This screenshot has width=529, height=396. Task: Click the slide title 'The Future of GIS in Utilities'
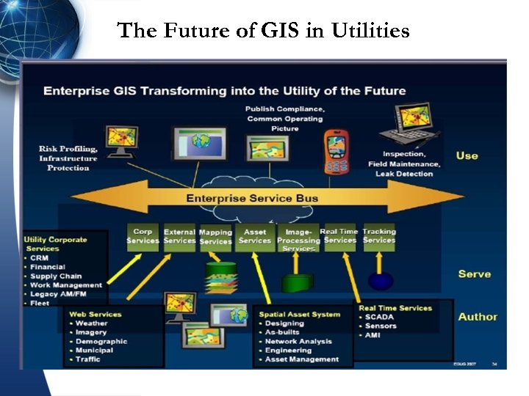(264, 31)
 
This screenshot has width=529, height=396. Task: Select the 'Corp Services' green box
(143, 236)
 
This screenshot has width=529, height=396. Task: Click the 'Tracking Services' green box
(379, 236)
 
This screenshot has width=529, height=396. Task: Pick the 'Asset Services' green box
(255, 236)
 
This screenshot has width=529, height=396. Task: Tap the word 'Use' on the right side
(467, 155)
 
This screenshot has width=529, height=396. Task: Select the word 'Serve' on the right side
(474, 274)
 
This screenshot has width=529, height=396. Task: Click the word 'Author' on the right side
(478, 317)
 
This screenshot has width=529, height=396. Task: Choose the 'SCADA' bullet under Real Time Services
(380, 317)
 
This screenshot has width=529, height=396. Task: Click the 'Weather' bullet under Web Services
(91, 323)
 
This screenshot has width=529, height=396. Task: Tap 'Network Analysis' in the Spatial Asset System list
(298, 342)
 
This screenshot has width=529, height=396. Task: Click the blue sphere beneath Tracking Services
(381, 281)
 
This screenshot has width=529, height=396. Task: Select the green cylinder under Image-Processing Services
(297, 282)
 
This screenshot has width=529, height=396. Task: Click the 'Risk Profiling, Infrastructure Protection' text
(68, 158)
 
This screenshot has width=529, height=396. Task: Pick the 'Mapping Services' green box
(215, 237)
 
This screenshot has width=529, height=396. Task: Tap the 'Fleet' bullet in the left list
(40, 303)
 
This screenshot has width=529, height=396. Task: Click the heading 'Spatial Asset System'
(300, 314)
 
